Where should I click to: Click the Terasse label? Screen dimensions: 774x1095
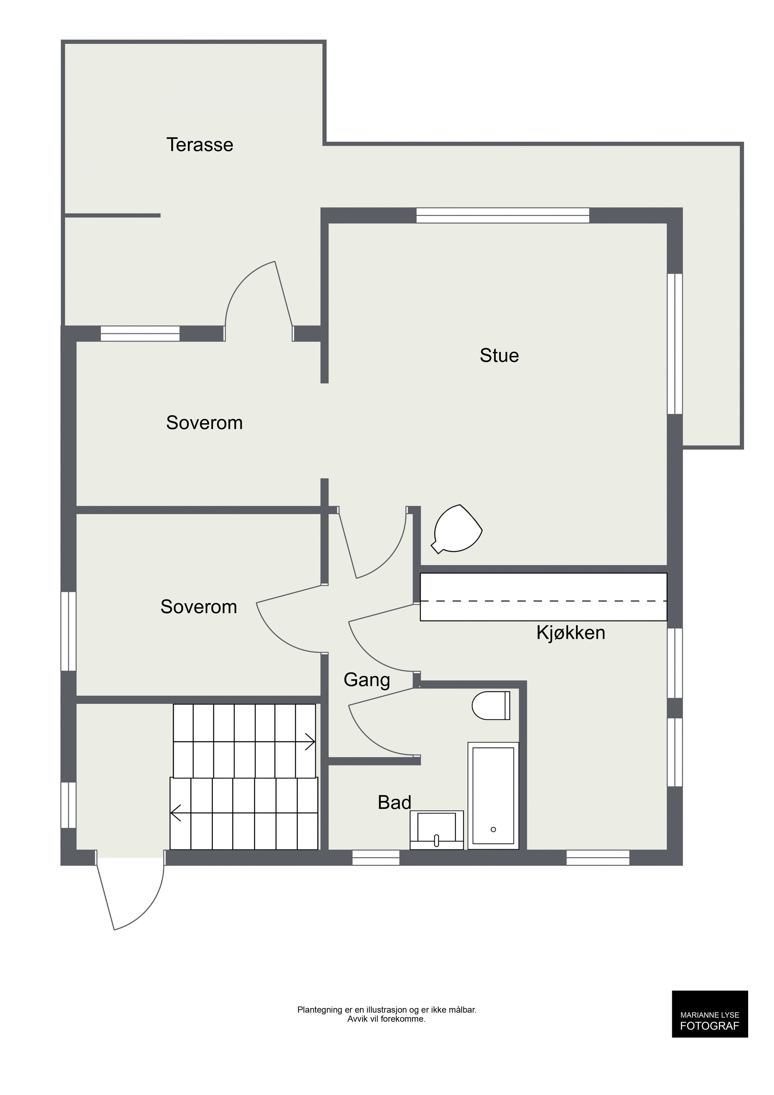tap(200, 144)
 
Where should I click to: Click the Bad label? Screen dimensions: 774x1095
tap(394, 803)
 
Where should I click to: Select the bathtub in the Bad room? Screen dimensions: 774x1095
tap(493, 795)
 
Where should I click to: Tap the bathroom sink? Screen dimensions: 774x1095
tap(437, 830)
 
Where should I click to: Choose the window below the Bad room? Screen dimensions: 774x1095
tap(375, 858)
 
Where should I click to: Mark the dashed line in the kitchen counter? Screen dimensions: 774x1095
tap(543, 601)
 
